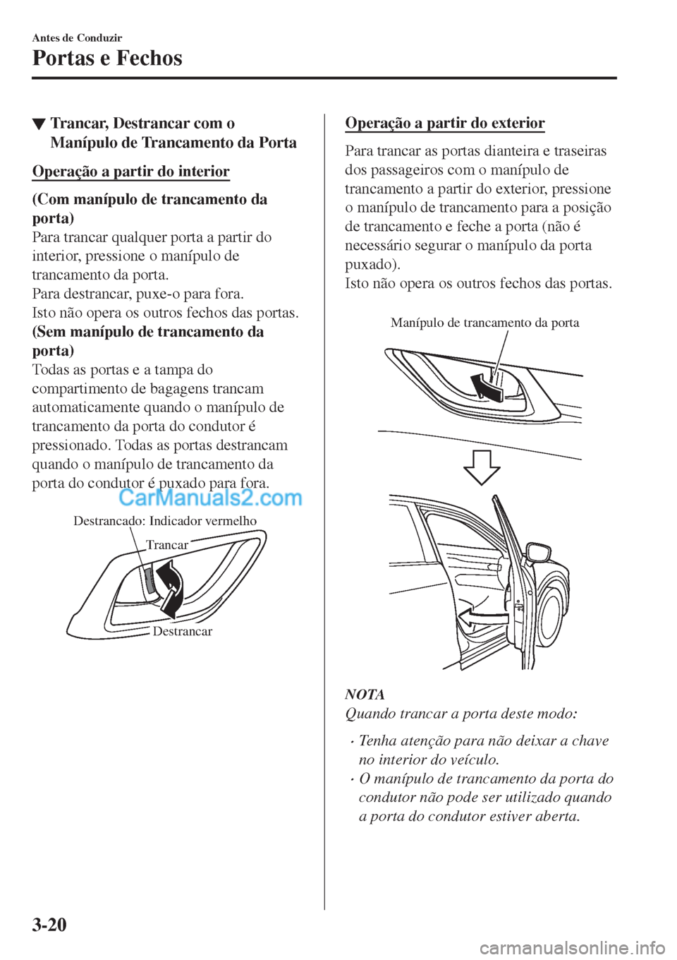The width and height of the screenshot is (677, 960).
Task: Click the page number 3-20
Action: [x=49, y=923]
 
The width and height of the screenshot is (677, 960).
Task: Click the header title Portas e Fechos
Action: [x=107, y=58]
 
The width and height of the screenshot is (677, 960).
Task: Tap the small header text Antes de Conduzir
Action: [x=77, y=37]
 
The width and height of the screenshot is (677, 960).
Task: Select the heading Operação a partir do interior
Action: [x=131, y=172]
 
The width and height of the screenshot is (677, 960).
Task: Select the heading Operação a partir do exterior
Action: [x=445, y=123]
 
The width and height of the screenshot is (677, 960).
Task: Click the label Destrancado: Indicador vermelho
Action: [x=165, y=521]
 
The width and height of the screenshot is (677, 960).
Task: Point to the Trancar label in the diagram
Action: [x=167, y=545]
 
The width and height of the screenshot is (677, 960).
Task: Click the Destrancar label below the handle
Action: [x=182, y=631]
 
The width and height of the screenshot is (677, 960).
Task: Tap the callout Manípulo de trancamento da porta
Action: [x=484, y=323]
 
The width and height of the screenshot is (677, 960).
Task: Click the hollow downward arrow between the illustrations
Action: [x=482, y=467]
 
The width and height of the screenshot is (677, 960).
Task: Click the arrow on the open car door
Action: [x=482, y=618]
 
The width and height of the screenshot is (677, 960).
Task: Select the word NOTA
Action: [x=365, y=695]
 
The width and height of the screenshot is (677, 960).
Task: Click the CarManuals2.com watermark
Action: [x=210, y=498]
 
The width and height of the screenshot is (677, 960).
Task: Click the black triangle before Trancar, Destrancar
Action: [x=39, y=125]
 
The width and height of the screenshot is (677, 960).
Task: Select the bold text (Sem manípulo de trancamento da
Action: [x=148, y=332]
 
